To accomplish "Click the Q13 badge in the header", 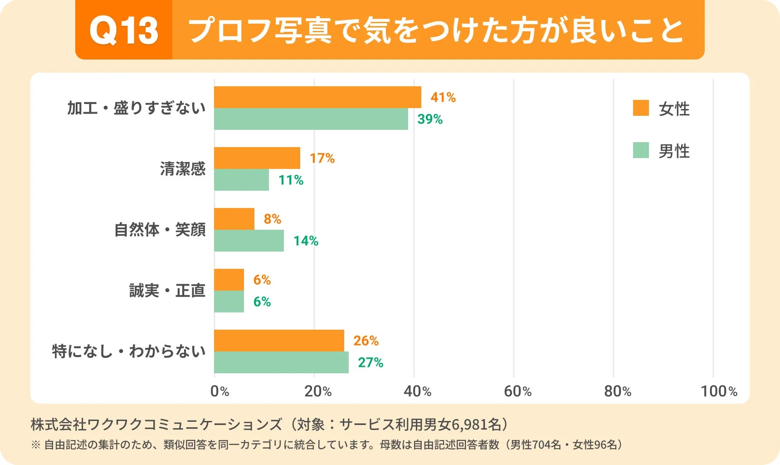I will coord(124,30).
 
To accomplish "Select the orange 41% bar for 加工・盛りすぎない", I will coord(317,97).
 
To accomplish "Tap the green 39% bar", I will coord(311,119).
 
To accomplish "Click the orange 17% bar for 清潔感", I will coord(257,158).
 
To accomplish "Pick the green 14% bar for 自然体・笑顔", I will coord(249,241).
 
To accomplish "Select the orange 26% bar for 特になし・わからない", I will coord(279,341).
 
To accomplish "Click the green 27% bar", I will coord(281,362).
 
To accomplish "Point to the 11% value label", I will coord(291,180).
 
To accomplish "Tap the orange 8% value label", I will coord(273,219).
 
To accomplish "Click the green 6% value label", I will coord(262,302).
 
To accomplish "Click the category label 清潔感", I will coord(183,169).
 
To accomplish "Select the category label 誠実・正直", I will coord(167,291).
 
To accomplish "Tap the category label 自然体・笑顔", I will coord(160,230).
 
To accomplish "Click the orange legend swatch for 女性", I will coord(641,108).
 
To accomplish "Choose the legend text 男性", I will coord(674,151).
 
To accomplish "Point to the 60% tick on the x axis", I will coord(517,391).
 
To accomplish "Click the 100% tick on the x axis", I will coord(719,391).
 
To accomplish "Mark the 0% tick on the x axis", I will coord(219,391).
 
